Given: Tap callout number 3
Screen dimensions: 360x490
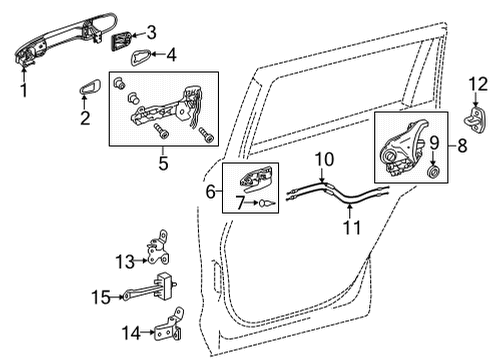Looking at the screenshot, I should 152,31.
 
